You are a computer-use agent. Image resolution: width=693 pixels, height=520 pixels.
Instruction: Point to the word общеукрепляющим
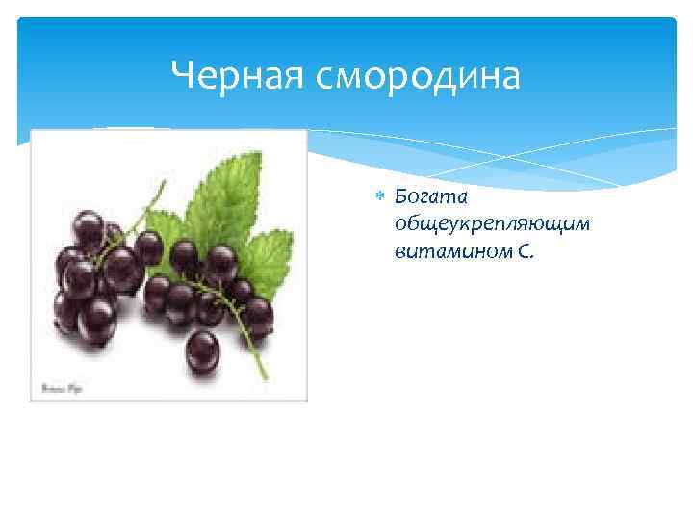point(477,224)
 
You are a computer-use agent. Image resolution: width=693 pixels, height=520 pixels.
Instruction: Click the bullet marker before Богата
point(379,196)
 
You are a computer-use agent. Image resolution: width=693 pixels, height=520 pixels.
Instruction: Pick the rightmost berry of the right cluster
point(258,314)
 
